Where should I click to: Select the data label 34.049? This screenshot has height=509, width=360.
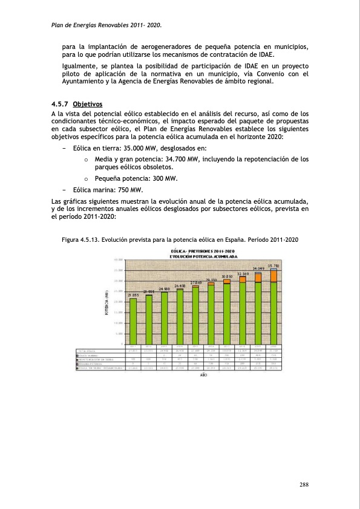pyautogui.click(x=259, y=268)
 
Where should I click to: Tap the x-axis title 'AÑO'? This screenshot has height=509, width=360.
pyautogui.click(x=203, y=375)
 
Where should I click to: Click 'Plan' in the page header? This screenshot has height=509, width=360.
pyautogui.click(x=59, y=25)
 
